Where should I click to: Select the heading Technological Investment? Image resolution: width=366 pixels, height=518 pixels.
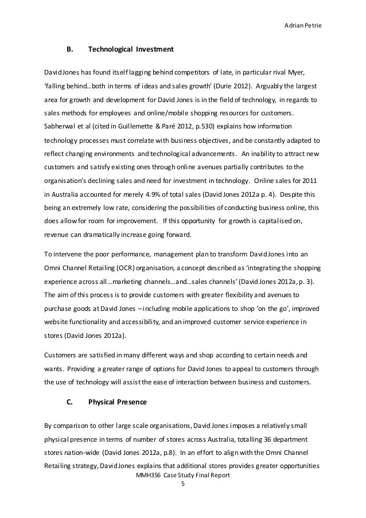coord(130,50)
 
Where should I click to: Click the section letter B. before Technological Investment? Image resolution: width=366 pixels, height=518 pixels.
coord(71,50)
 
